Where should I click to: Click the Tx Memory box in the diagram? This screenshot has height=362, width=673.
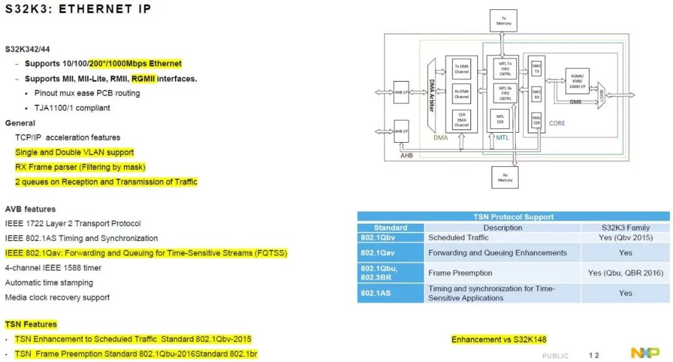click(x=504, y=20)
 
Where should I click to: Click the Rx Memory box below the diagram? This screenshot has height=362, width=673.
click(x=504, y=177)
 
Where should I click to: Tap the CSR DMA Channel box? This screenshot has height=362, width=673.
click(x=462, y=119)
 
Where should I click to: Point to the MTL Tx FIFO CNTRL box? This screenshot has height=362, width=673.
click(x=505, y=68)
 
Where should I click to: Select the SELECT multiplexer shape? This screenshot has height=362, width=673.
click(x=601, y=95)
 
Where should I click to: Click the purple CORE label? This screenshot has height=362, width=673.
click(x=557, y=123)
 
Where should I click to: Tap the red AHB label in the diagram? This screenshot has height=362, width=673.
click(x=406, y=156)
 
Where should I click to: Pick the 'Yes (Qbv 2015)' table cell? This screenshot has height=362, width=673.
click(x=625, y=237)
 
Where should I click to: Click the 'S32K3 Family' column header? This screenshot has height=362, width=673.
click(x=625, y=227)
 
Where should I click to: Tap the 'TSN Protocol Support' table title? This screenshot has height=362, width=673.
click(x=513, y=217)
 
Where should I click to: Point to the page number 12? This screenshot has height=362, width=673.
click(x=594, y=355)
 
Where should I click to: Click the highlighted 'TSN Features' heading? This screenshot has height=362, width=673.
click(x=31, y=324)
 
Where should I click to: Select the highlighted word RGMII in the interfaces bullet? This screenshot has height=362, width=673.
click(x=143, y=79)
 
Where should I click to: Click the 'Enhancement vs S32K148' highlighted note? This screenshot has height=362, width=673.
click(x=499, y=340)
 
